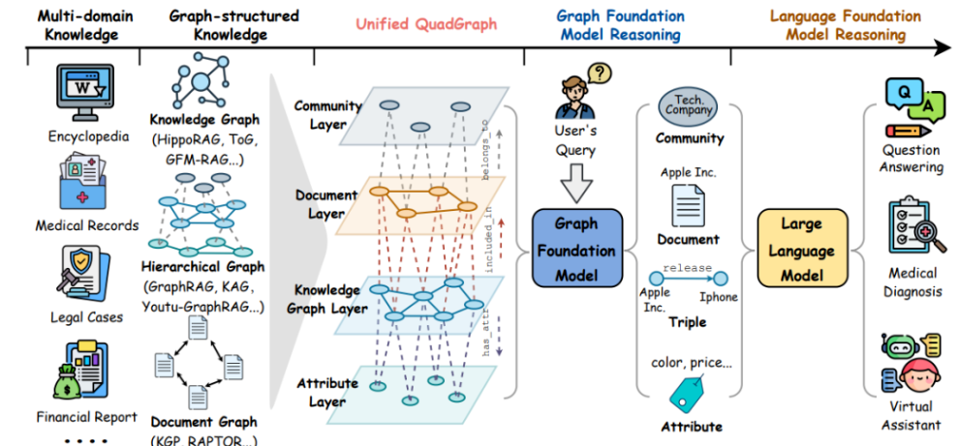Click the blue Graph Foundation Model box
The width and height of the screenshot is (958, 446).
point(577,251)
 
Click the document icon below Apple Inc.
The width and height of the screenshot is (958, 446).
point(690,206)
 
